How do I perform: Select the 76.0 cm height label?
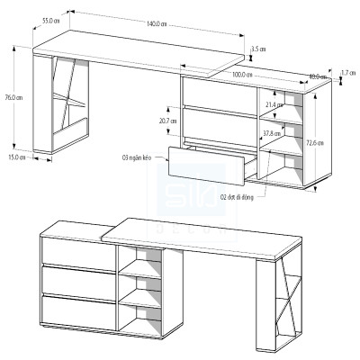click(8, 96)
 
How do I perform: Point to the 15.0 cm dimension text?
click(16, 157)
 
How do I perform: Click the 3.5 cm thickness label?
click(258, 49)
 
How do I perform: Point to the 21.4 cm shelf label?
click(274, 105)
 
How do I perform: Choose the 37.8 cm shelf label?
click(271, 134)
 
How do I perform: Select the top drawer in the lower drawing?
click(78, 252)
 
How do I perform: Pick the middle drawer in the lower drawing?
click(78, 281)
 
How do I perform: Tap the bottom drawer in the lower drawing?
click(78, 310)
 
